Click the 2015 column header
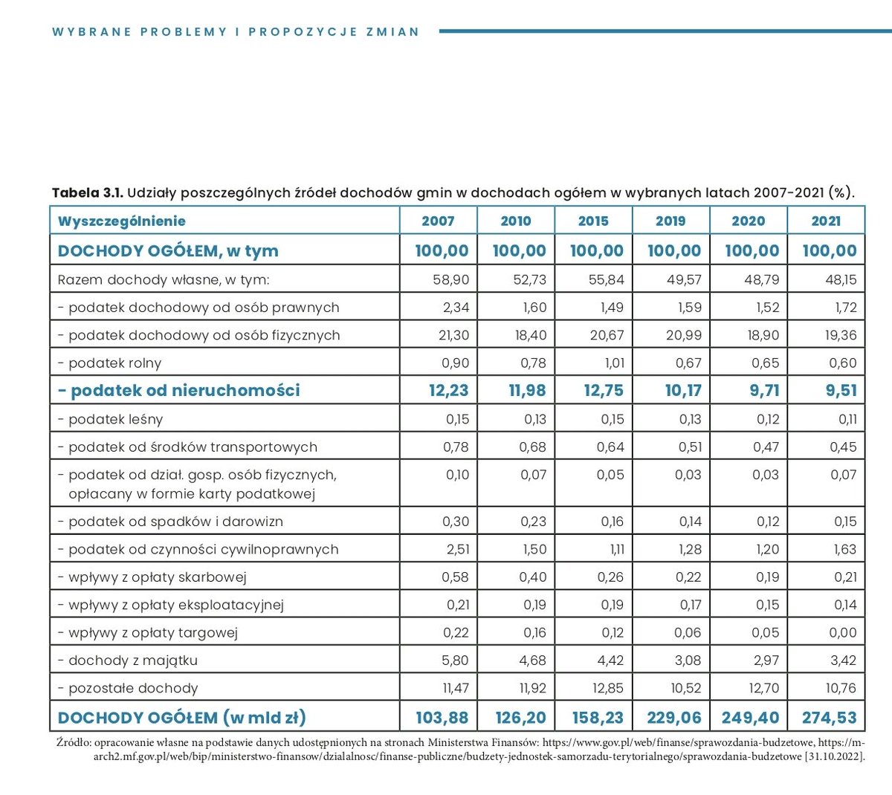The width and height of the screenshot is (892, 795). coord(592,221)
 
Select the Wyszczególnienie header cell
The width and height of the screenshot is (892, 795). coord(121,221)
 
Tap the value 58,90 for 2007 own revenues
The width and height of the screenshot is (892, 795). coord(450,280)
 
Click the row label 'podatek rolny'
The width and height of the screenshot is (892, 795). coord(114,363)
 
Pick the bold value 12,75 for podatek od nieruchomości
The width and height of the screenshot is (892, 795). coord(603,390)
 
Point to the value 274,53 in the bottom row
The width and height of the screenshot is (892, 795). coord(829,718)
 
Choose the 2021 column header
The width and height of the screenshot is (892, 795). coord(826,221)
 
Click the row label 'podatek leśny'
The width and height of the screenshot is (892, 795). coord(115,419)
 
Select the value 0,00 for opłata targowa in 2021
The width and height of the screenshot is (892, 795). coord(843,633)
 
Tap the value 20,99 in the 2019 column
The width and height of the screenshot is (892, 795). coord(683,335)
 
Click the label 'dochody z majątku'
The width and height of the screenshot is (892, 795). coord(132,661)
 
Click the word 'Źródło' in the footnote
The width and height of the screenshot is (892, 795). coord(73,742)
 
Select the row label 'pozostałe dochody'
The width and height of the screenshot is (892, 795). coord(132,689)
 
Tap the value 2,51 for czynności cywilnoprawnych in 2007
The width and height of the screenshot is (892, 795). coord(455,550)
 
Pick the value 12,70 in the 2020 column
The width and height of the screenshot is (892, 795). coord(763,689)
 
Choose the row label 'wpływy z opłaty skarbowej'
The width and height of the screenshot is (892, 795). coord(157,577)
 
